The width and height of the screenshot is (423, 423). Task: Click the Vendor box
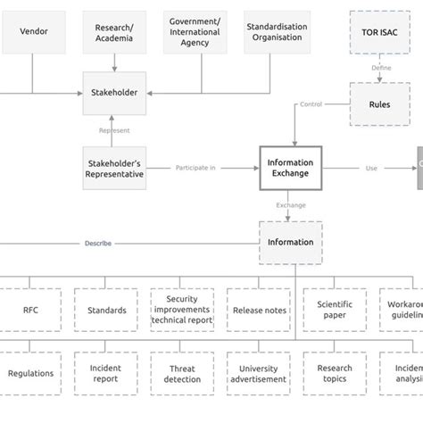34,31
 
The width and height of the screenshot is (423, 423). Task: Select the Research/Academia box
113,32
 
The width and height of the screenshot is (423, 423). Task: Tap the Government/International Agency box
194,32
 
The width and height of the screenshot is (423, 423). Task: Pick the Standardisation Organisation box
276,32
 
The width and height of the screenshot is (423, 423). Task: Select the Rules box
379,104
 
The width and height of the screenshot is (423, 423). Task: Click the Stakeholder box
114,93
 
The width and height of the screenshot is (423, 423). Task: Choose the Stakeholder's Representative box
114,168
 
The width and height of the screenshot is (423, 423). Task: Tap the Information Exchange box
289,168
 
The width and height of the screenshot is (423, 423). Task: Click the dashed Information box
290,242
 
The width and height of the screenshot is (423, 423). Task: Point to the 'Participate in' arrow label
195,168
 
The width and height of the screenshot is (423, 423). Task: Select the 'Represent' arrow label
114,130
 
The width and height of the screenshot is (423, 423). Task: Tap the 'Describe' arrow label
98,243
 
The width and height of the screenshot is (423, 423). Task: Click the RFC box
30,311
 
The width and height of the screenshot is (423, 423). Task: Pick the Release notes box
259,311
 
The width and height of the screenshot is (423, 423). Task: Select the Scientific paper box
335,310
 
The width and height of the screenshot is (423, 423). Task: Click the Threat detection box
182,373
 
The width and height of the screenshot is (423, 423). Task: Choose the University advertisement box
259,373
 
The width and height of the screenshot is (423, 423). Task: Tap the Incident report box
106,373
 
